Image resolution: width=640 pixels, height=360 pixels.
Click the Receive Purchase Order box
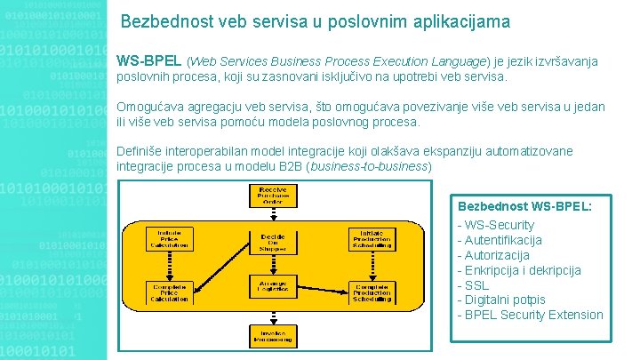(272, 196)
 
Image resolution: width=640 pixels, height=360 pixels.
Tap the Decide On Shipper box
(273, 241)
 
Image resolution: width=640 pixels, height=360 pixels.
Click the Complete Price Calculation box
(169, 293)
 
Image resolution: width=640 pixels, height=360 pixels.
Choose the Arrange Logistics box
(273, 284)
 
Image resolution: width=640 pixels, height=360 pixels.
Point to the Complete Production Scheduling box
(372, 294)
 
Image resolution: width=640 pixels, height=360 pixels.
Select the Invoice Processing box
(273, 334)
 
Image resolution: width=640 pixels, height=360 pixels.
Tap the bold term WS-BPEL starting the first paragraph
(149, 61)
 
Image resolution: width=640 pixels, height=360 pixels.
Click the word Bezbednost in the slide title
(163, 20)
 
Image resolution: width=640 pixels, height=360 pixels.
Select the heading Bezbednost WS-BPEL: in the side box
(524, 205)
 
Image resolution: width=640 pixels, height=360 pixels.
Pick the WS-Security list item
(495, 225)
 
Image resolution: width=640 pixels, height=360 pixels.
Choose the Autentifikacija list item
(499, 240)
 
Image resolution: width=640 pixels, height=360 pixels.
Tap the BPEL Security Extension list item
(529, 315)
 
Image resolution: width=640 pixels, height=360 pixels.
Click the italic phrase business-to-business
(368, 166)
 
